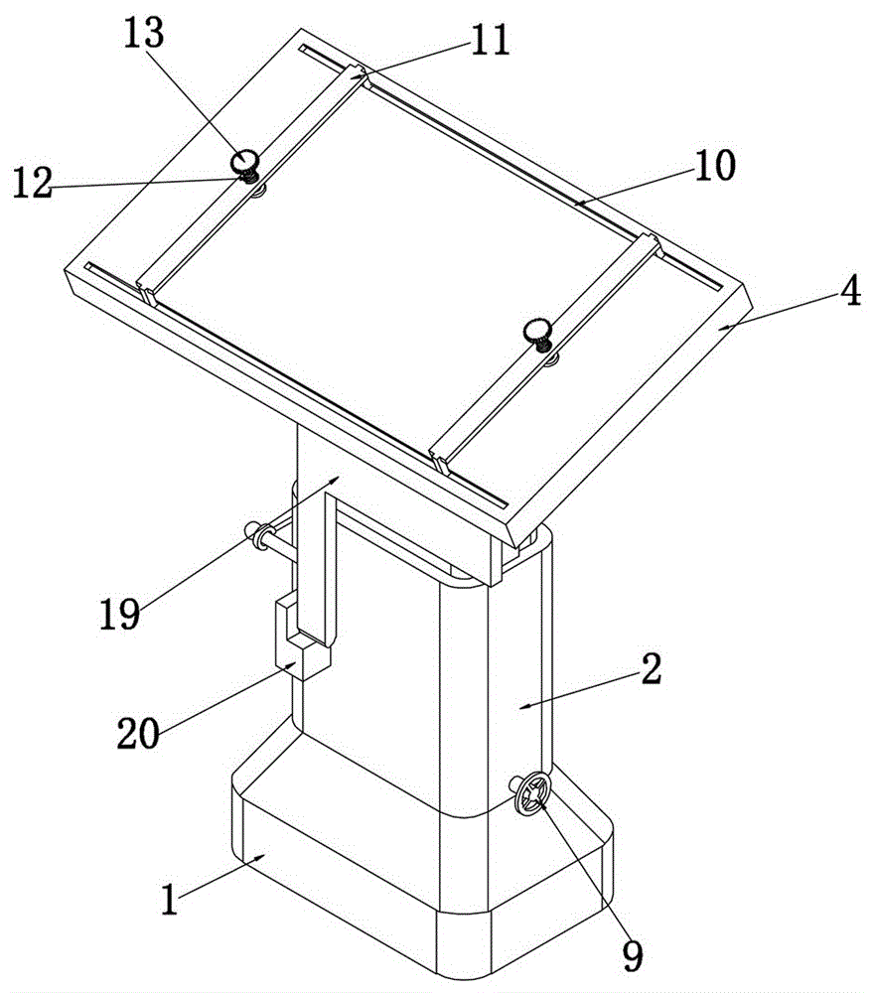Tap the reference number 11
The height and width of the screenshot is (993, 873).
[487, 41]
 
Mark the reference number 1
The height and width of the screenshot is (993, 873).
[172, 901]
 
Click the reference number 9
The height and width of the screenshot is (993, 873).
[632, 954]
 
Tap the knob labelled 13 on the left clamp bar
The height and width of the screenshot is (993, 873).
[244, 160]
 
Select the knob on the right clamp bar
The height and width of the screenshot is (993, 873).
[537, 329]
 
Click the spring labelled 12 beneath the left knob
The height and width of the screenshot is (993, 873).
[248, 177]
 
